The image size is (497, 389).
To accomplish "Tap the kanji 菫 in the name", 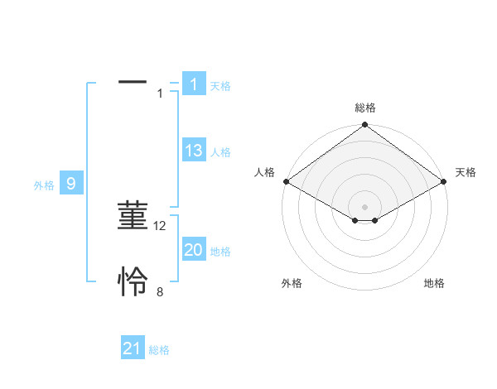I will [133, 217].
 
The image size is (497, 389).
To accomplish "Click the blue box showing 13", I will [194, 151].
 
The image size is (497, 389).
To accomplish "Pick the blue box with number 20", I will [194, 250].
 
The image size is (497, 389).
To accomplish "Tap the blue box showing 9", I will [71, 184].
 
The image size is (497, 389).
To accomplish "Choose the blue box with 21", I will [133, 348].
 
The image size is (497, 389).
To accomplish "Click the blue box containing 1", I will [194, 84].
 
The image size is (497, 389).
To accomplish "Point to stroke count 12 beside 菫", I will [161, 225].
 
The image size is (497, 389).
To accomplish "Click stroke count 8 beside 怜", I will [160, 291].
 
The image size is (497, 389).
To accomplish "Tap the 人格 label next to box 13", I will [220, 152].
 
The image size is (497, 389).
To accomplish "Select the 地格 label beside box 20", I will [220, 252].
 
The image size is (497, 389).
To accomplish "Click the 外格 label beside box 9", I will [44, 185].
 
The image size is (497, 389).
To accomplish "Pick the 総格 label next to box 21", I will [159, 350].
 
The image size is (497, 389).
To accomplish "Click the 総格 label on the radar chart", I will [365, 108].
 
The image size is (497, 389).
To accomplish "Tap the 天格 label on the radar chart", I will [466, 172].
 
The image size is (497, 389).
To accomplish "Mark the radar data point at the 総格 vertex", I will [365, 126].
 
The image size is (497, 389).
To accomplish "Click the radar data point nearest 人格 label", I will [285, 181].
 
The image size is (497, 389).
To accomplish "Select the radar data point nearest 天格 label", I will [445, 181].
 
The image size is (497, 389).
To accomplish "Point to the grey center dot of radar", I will [365, 206].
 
